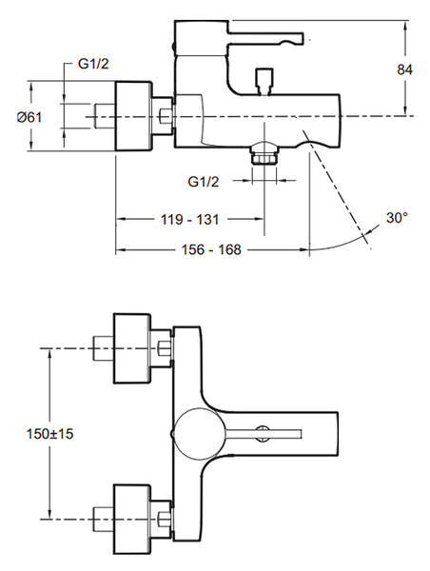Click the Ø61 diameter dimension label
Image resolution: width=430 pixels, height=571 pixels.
[29, 117]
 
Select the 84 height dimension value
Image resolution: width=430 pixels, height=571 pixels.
[405, 69]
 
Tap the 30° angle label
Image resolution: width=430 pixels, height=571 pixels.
[397, 218]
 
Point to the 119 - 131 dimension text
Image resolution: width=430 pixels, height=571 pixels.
[190, 219]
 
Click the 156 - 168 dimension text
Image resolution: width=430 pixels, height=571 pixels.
[211, 249]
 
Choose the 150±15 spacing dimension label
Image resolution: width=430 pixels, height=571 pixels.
[49, 434]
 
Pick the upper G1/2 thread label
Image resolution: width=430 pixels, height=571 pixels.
[93, 64]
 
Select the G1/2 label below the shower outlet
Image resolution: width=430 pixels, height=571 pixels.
[204, 182]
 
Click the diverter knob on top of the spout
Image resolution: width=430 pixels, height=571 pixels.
[264, 82]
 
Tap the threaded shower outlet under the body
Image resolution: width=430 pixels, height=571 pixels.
[264, 154]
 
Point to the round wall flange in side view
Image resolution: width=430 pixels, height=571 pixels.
[133, 116]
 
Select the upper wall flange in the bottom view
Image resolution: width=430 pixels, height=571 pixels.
[132, 348]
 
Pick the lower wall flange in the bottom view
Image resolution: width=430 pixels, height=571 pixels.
[132, 520]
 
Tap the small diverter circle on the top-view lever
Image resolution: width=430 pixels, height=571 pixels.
[264, 433]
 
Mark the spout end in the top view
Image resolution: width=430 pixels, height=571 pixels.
[337, 434]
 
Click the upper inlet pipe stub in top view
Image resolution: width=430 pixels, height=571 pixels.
[104, 348]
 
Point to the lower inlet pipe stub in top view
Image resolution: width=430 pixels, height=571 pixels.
[104, 520]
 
